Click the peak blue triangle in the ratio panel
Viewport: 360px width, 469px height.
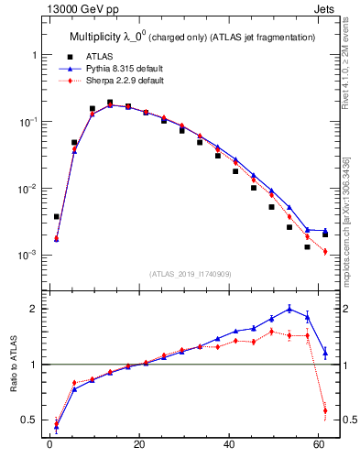(x=289, y=309)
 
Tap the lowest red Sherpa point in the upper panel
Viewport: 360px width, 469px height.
(x=325, y=252)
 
